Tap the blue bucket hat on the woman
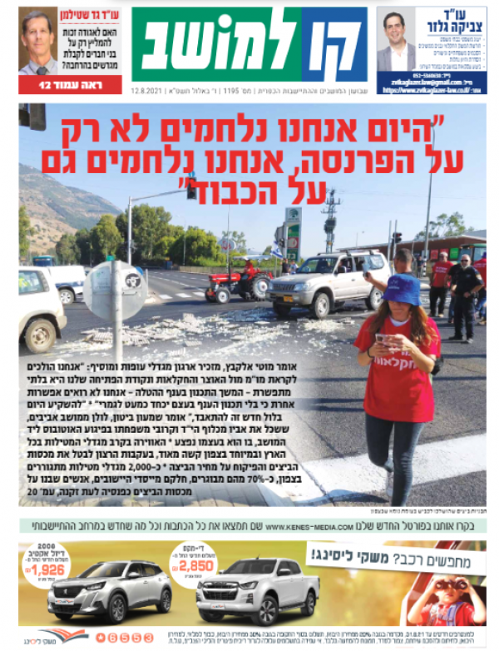pyautogui.click(x=402, y=290)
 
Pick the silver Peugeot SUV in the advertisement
pyautogui.click(x=100, y=592)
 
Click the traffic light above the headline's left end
pyautogui.click(x=32, y=116)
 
